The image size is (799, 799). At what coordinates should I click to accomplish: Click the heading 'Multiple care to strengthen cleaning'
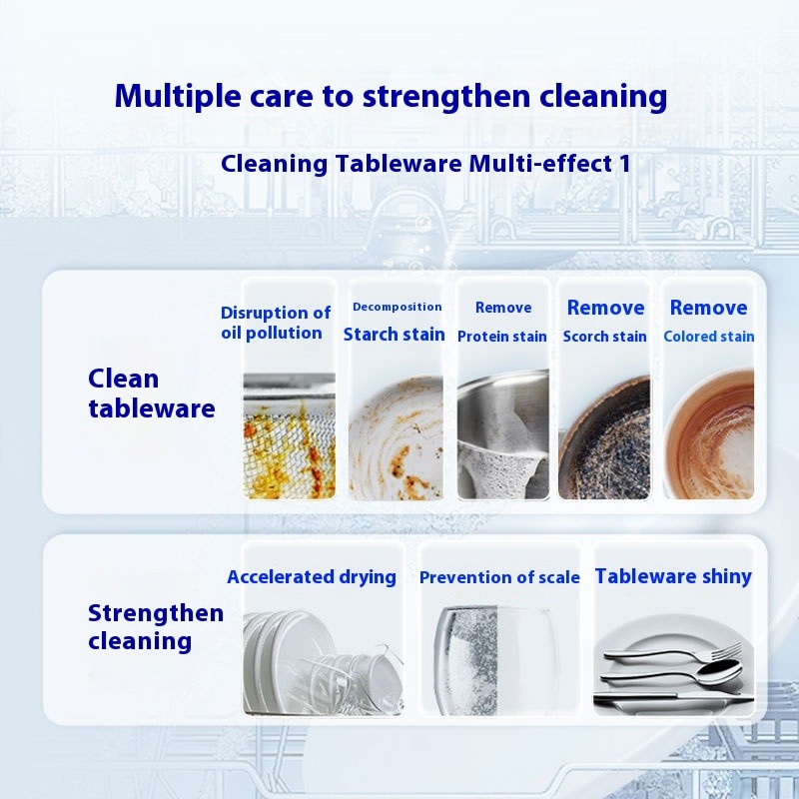[391, 97]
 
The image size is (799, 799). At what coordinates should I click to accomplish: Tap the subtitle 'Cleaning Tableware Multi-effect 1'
[425, 163]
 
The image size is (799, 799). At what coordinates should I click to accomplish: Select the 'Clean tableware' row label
[151, 393]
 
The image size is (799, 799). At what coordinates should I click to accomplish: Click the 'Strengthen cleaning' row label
[155, 626]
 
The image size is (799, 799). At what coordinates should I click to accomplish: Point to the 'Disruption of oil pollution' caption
[275, 323]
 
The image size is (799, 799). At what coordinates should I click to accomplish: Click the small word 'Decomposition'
[397, 307]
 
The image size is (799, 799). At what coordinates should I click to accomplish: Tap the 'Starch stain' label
[394, 335]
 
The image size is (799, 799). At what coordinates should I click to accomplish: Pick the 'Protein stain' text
[502, 337]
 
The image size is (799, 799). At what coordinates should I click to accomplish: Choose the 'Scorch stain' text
[604, 337]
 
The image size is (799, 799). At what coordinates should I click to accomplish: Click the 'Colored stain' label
[708, 337]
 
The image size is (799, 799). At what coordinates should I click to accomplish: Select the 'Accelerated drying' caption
[312, 576]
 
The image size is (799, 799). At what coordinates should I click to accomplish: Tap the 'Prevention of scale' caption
[499, 577]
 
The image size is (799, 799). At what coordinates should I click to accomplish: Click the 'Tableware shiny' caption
[673, 576]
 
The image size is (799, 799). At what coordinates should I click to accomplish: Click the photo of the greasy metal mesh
[290, 435]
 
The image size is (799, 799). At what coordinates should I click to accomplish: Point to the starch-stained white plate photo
[396, 435]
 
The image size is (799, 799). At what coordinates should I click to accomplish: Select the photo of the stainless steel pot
[502, 435]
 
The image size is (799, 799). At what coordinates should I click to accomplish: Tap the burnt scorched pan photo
[604, 435]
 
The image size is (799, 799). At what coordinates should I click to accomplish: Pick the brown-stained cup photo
[708, 435]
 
